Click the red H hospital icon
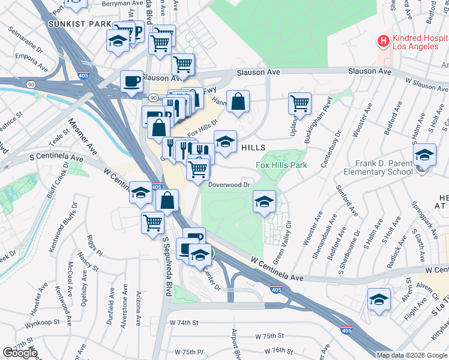382,41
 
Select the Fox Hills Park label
282,165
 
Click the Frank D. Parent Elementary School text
378,167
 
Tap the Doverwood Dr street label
228,185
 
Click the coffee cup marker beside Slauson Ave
131,81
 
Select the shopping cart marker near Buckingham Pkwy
300,103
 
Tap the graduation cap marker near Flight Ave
379,299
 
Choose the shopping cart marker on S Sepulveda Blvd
153,222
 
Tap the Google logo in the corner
20,352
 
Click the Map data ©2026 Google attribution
412,355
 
